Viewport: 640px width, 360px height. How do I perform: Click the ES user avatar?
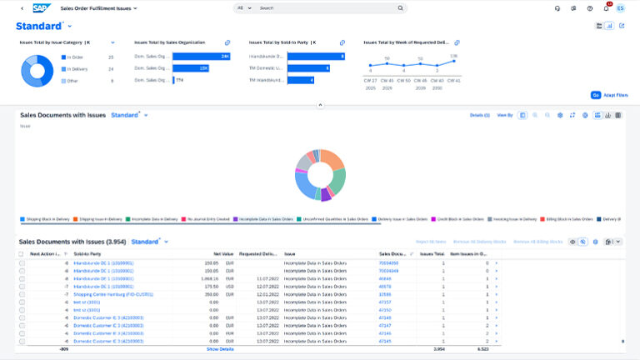coord(620,8)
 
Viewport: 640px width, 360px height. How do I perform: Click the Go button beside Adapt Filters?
coord(596,96)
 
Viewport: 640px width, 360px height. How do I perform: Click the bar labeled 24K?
coord(201,56)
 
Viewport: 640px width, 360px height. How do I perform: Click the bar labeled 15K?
coord(191,68)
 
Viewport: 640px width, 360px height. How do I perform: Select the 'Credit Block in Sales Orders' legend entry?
coord(456,219)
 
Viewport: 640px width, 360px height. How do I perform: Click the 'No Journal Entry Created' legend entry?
coord(205,219)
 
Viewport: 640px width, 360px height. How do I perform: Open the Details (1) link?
coord(479,115)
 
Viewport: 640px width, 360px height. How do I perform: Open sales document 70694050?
coord(388,262)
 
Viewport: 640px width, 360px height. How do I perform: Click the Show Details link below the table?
coord(220,349)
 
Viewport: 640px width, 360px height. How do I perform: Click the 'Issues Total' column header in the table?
coord(432,253)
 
